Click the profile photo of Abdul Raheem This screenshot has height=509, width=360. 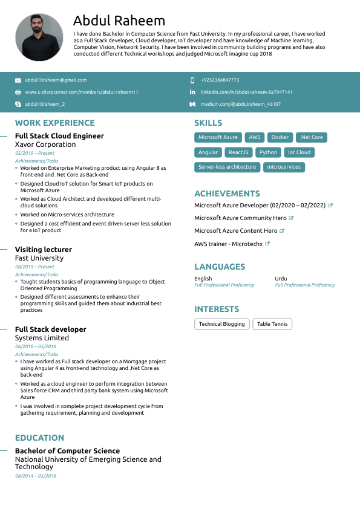[39, 37]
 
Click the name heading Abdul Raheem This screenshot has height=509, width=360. [119, 21]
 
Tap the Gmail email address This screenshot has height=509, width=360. [56, 80]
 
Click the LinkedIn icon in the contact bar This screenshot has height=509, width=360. [192, 92]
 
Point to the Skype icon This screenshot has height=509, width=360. [18, 104]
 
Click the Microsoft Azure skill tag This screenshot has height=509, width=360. [218, 137]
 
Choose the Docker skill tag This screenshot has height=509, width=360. [280, 137]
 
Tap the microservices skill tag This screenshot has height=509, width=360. [284, 167]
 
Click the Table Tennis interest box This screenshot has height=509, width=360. [272, 324]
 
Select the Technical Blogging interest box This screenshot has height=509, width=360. [221, 324]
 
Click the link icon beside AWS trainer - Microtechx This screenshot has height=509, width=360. [267, 244]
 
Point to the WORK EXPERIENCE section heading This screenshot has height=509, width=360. [55, 123]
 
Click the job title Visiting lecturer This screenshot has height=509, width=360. [44, 249]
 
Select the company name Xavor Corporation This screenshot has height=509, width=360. [45, 144]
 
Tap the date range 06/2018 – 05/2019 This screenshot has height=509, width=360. [36, 346]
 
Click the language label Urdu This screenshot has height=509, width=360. [281, 279]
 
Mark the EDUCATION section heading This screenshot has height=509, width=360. [39, 438]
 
